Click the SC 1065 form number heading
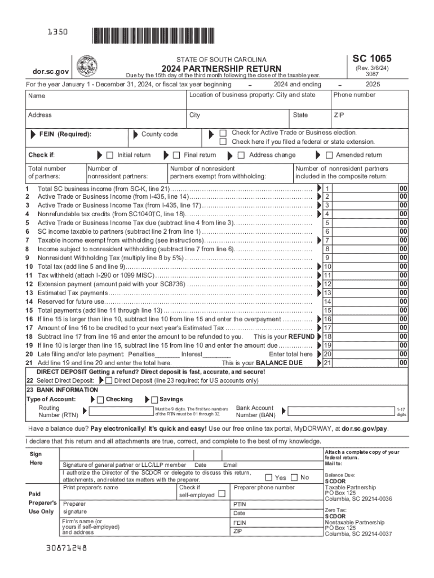point(372,59)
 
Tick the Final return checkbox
point(176,155)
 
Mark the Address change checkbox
point(241,155)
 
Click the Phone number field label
point(355,95)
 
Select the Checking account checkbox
point(100,400)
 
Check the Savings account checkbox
point(155,400)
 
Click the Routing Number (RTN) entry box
point(118,411)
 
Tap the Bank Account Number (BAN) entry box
point(337,411)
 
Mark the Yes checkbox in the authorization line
point(269,478)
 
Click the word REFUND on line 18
point(301,336)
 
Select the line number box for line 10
point(327,266)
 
